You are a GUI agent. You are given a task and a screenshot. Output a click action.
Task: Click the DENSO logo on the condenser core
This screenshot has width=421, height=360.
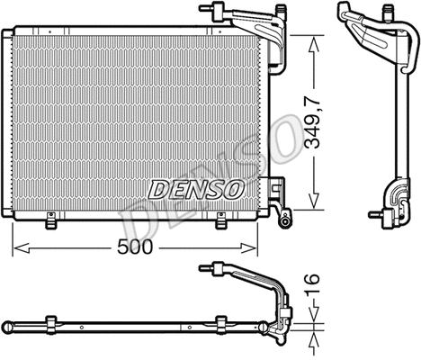(x=195, y=188)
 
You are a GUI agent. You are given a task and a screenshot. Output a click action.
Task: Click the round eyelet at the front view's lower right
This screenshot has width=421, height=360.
(x=284, y=219)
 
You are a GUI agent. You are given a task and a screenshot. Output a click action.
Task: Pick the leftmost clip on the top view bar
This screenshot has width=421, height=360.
(x=52, y=322)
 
